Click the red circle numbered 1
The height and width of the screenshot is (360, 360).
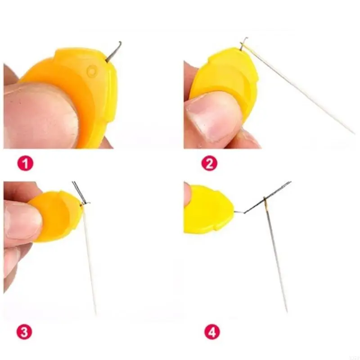tap(25, 163)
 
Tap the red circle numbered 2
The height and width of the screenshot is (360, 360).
tap(209, 163)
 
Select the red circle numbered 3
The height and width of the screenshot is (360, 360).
tap(25, 333)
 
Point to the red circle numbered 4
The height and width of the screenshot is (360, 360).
tap(211, 333)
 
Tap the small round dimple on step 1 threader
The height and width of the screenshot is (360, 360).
tap(92, 71)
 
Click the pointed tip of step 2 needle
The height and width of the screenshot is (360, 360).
tap(354, 133)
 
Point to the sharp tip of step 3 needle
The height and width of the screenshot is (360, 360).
tap(96, 314)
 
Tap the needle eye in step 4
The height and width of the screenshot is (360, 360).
tap(267, 205)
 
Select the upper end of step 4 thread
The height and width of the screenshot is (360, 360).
tap(289, 182)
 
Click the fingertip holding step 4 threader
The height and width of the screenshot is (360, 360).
tap(187, 193)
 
